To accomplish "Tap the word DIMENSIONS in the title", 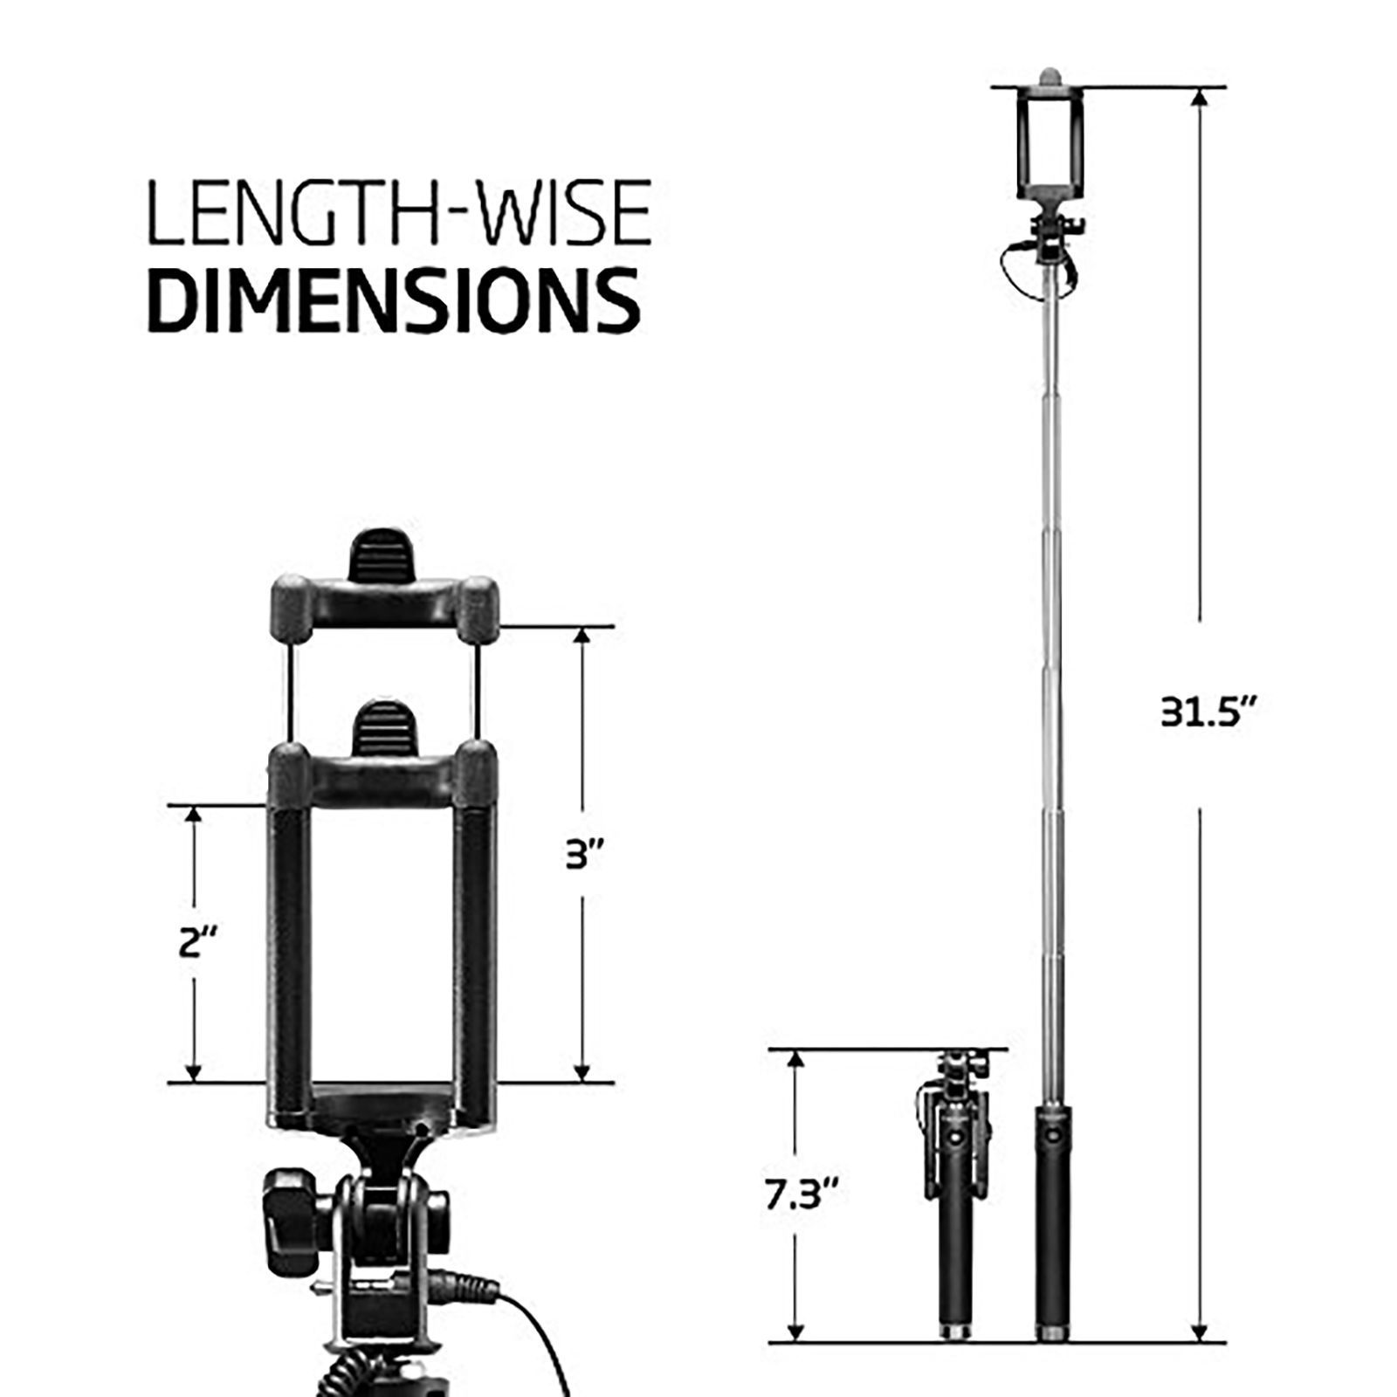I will pyautogui.click(x=393, y=299).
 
